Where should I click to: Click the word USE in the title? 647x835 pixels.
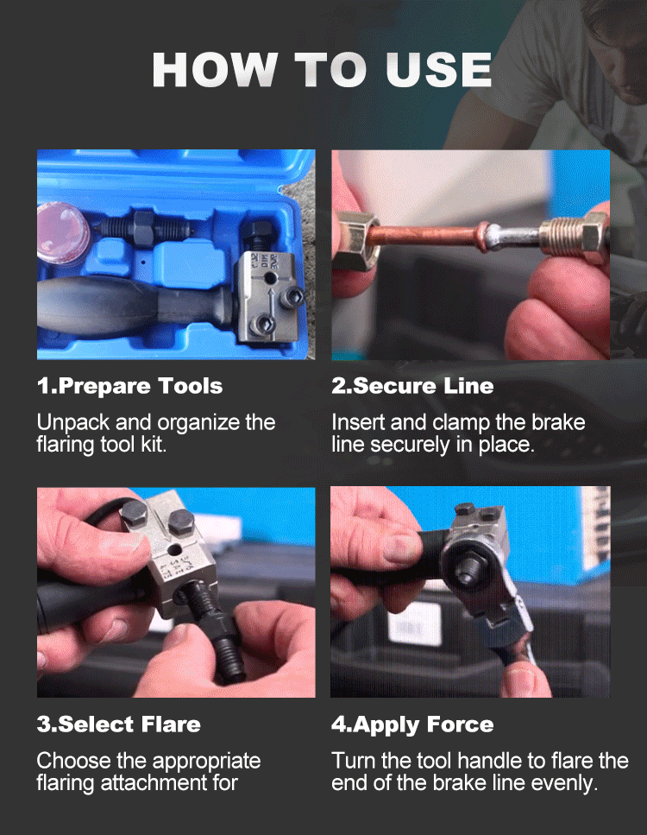[x=438, y=70]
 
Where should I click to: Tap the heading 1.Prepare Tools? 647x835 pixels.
[x=129, y=386]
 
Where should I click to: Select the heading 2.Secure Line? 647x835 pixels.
[x=412, y=386]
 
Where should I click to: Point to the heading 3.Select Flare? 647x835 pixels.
[x=119, y=724]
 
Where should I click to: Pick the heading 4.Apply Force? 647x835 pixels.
[x=412, y=724]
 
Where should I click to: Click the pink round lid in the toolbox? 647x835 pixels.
[x=63, y=231]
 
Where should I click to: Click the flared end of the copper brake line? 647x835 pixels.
[x=483, y=236]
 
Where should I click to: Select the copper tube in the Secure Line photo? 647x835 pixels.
[x=425, y=236]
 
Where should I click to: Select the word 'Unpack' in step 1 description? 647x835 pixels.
[x=73, y=423]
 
